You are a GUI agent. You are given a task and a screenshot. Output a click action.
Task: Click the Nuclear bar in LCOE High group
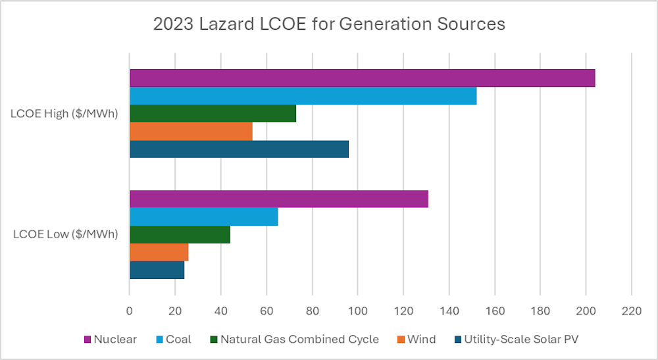(362, 78)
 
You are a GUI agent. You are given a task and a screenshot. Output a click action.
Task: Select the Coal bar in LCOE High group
(303, 95)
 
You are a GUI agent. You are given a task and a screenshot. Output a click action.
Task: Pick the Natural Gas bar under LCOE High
(213, 113)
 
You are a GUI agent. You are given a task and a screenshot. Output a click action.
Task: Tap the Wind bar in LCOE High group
(191, 131)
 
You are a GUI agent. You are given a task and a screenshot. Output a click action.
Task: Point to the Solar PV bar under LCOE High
(239, 149)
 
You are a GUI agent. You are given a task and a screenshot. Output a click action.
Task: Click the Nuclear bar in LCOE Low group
(279, 199)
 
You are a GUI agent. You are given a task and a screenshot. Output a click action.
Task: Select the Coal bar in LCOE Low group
(203, 217)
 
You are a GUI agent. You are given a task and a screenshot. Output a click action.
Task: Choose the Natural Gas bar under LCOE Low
(180, 234)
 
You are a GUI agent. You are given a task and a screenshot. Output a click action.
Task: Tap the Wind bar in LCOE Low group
(159, 252)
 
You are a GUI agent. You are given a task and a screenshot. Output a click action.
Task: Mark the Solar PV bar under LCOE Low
(157, 270)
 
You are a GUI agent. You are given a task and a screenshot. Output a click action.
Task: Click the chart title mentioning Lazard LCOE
(329, 24)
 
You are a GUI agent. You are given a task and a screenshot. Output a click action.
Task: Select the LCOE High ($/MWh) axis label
(64, 113)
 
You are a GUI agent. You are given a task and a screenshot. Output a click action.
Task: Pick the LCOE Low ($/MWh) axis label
(65, 234)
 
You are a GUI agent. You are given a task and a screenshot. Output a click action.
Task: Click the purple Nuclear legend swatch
(87, 340)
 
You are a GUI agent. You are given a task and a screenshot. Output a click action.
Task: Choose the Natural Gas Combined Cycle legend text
(299, 340)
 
